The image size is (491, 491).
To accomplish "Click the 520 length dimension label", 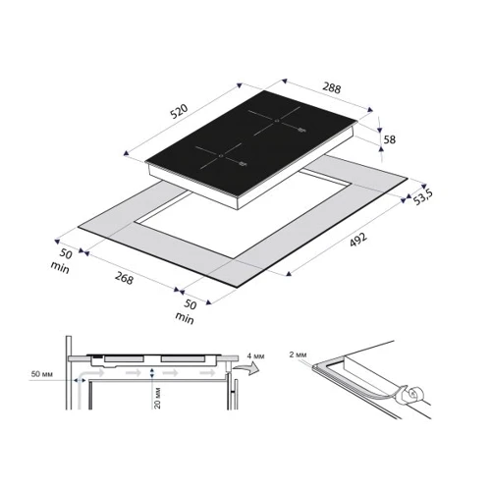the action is click(179, 111).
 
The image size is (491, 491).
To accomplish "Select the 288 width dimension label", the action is click(332, 87).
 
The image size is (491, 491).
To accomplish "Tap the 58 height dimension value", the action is click(389, 139).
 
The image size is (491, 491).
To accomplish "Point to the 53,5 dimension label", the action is click(422, 197).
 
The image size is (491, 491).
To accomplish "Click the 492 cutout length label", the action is click(358, 240).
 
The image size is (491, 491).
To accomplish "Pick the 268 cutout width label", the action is click(124, 278).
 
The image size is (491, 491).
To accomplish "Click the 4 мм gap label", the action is click(255, 355).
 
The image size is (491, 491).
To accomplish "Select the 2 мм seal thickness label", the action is click(298, 355).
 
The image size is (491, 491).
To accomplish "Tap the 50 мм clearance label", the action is click(41, 374).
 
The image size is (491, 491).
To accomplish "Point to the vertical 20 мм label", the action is click(157, 398).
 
